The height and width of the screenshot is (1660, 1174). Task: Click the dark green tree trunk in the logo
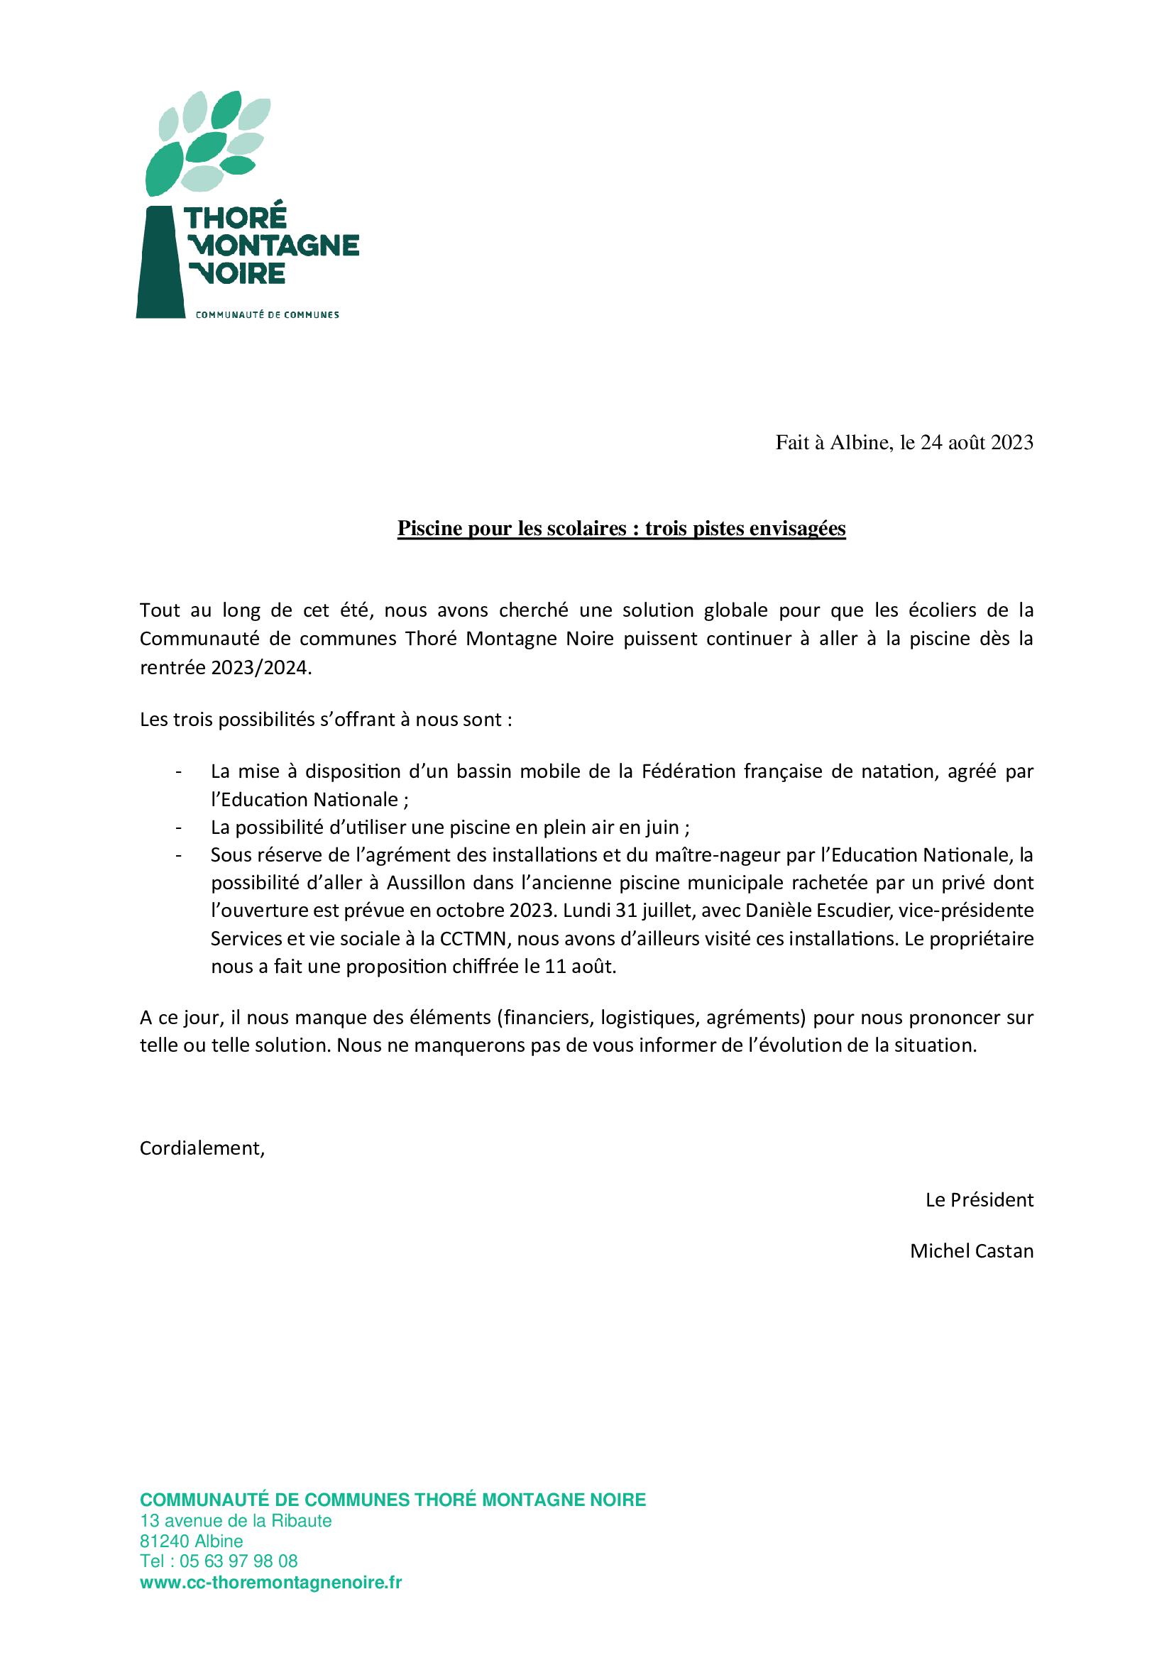(160, 264)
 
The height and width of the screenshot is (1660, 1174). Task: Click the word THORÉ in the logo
(235, 218)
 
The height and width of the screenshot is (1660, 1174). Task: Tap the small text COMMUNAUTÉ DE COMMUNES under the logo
(267, 314)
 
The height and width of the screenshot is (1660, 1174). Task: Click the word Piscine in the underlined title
(430, 529)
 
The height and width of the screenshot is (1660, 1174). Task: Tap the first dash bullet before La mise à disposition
(178, 771)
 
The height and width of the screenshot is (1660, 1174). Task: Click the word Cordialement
(202, 1148)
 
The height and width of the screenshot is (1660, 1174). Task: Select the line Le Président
(979, 1199)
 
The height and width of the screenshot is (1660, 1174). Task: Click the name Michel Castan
(971, 1251)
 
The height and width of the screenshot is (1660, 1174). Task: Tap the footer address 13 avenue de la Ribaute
(236, 1520)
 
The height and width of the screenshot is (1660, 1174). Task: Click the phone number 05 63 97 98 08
(238, 1561)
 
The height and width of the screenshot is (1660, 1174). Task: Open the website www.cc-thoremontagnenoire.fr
(270, 1582)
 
